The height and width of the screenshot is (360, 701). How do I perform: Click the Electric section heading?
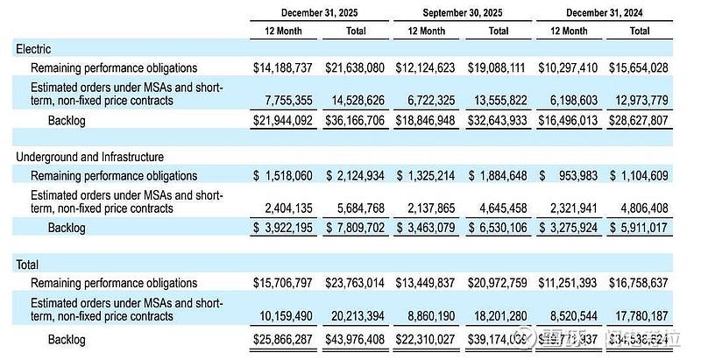point(33,50)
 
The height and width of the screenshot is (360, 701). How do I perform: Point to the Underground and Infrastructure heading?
point(89,157)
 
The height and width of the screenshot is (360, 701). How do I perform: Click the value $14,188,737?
point(281,67)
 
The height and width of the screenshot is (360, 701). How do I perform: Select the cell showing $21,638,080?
point(354,67)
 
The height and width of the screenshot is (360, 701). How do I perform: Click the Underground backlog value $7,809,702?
point(354,226)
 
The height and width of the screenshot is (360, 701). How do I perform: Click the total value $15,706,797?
point(281,283)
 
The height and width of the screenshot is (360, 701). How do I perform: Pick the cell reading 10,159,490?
point(282,317)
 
